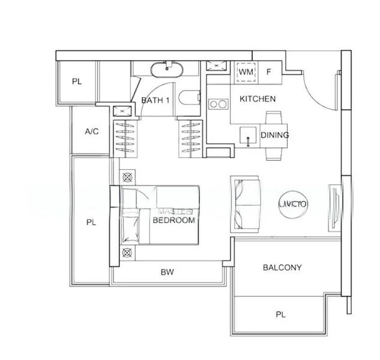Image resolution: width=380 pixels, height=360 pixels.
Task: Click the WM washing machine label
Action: point(246,72)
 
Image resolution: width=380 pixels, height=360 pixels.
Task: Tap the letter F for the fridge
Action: point(269,72)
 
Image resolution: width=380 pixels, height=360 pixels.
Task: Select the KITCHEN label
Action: point(258,98)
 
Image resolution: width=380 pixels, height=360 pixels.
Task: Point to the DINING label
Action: point(275,135)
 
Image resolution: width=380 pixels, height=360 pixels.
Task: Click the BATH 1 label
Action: point(155,101)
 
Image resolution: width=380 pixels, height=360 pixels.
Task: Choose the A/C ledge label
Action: point(92,131)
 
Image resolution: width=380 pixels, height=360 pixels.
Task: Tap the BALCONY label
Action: point(282,268)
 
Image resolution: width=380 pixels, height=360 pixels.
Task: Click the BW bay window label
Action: point(167,272)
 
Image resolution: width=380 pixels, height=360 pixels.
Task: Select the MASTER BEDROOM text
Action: point(174,217)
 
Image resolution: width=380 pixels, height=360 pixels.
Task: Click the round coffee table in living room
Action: point(293,204)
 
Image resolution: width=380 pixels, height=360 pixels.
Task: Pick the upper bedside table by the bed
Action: point(127,178)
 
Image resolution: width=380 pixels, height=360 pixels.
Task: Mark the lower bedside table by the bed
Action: point(127,253)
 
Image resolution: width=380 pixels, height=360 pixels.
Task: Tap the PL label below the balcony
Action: point(280,313)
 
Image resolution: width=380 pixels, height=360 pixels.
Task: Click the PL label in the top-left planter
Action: point(76,82)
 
